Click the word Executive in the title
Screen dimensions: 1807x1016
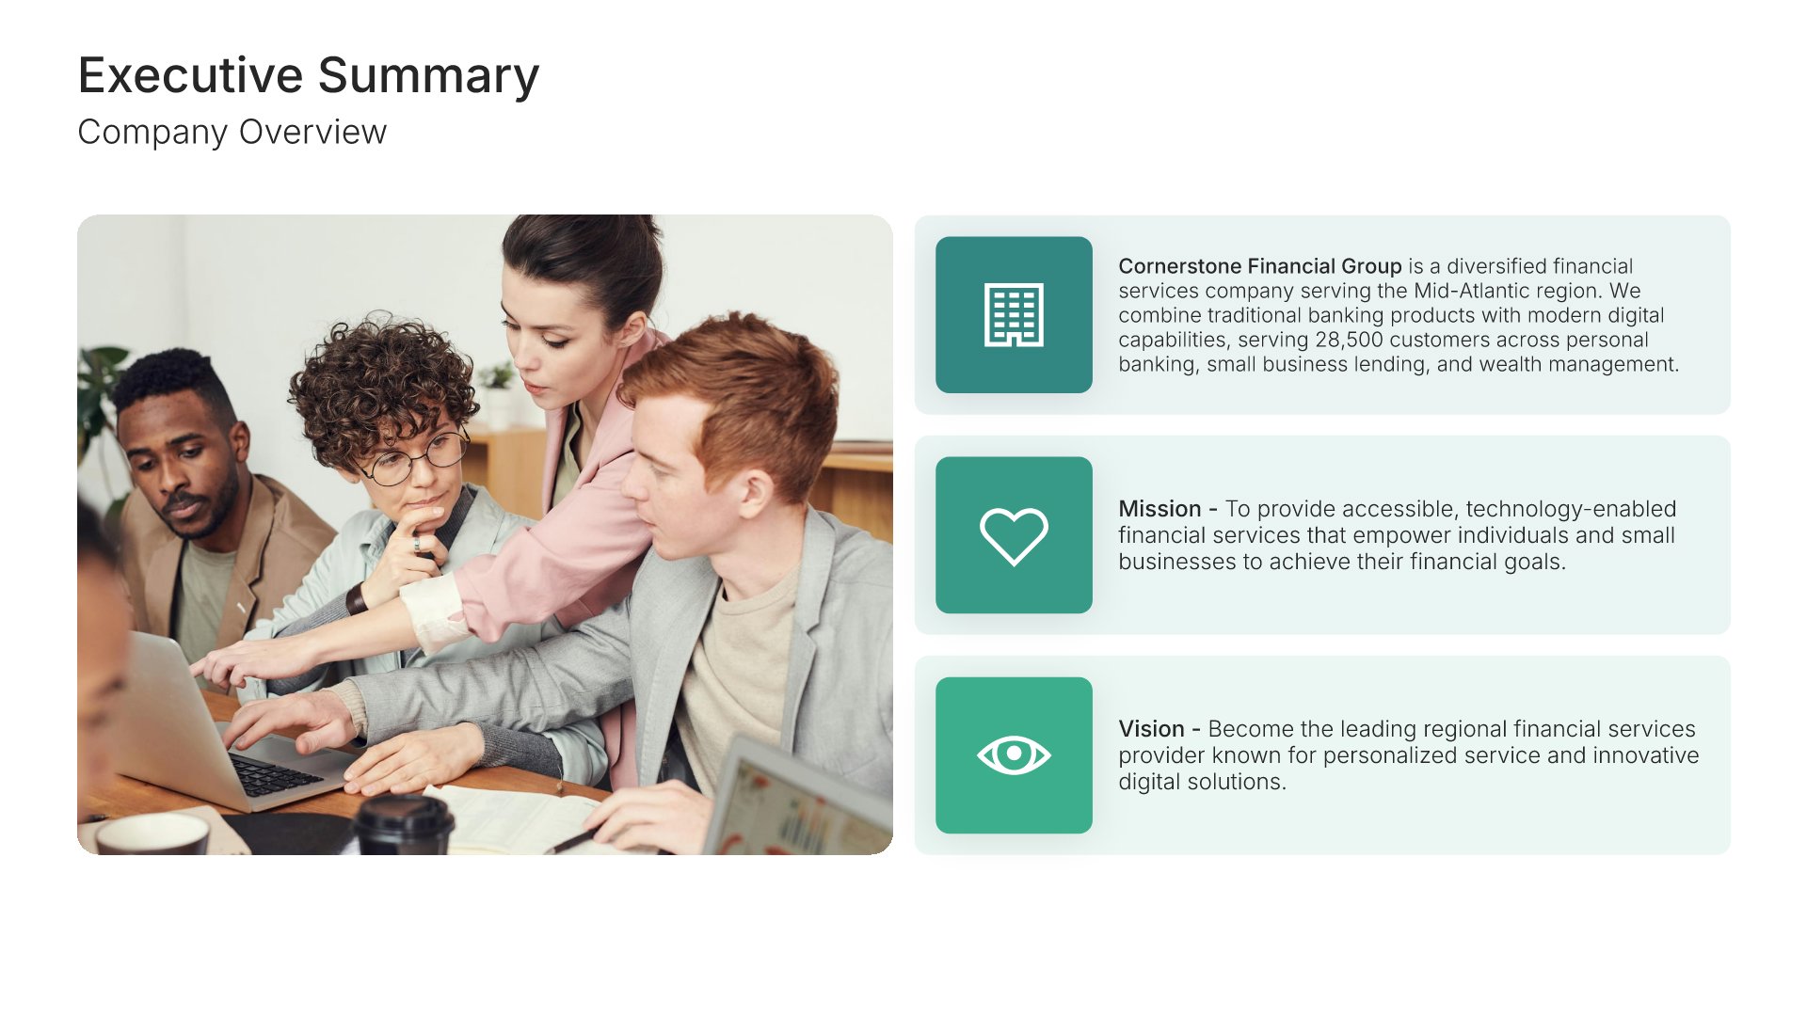tap(191, 75)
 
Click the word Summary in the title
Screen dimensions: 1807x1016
tap(429, 77)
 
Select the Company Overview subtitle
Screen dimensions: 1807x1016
tap(232, 133)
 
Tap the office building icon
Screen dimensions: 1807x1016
tap(1014, 315)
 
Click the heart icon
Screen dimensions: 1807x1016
tap(1014, 536)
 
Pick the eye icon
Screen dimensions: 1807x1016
tap(1014, 754)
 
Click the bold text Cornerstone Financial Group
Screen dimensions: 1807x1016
tap(1260, 266)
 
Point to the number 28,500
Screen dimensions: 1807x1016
tap(1349, 340)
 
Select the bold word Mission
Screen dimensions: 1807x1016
tap(1159, 509)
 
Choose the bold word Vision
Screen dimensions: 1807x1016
tap(1151, 729)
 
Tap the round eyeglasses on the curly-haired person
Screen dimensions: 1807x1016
tap(416, 457)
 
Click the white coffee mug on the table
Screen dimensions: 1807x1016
tap(152, 834)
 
